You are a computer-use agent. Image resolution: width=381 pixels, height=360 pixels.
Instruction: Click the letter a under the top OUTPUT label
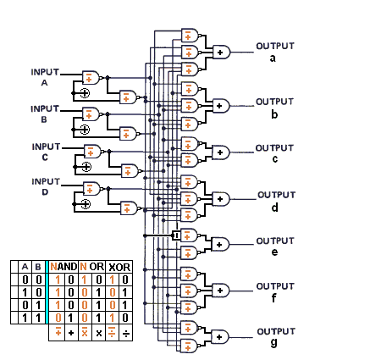273,58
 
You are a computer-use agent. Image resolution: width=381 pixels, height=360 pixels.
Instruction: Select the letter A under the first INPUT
45,84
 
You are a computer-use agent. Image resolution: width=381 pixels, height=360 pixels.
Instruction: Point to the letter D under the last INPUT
45,192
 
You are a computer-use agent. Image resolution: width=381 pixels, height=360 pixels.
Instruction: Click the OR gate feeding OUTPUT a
222,52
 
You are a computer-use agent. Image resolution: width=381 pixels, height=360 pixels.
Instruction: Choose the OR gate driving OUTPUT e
219,243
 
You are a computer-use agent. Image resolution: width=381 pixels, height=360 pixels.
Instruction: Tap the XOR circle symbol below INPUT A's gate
85,92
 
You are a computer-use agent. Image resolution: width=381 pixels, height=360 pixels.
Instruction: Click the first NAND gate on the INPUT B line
90,114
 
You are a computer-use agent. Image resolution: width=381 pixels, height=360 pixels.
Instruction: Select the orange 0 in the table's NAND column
58,317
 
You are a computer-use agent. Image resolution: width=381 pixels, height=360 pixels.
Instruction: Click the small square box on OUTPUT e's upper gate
175,235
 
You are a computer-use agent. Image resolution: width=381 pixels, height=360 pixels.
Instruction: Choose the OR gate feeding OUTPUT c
222,152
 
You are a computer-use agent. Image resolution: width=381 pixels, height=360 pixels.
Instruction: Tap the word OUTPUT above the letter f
273,286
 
